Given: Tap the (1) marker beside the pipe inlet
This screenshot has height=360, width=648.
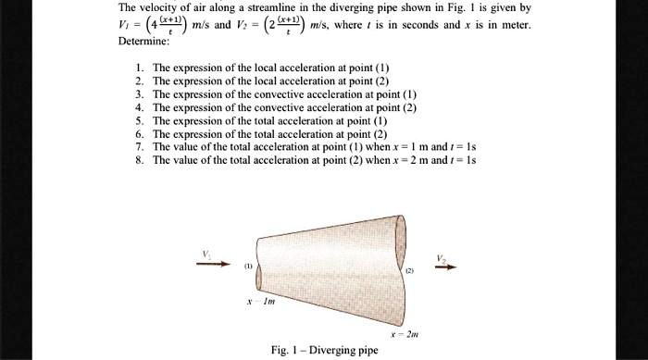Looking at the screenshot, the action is click(x=248, y=264).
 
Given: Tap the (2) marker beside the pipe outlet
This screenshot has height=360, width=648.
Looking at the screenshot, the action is click(x=408, y=271).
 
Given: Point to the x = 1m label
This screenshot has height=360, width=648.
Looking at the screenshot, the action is click(x=264, y=303).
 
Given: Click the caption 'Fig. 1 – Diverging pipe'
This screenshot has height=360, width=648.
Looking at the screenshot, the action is click(x=325, y=351).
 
